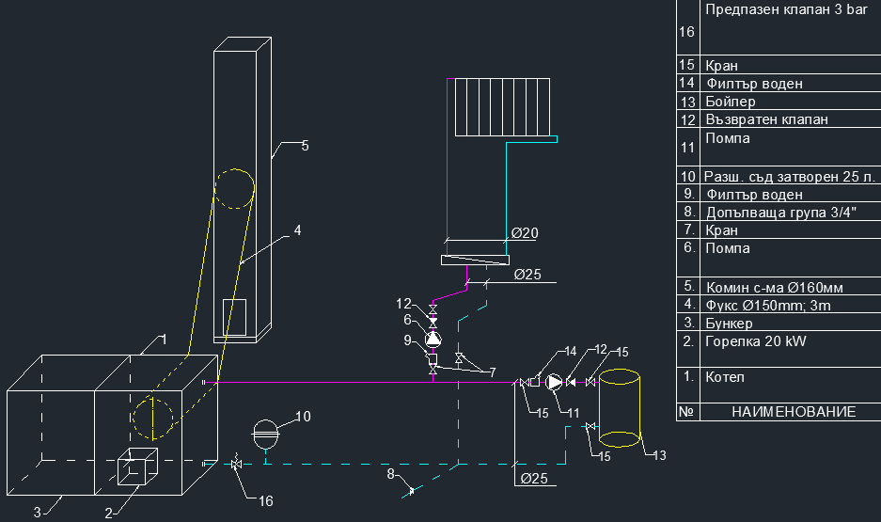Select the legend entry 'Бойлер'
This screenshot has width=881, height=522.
click(731, 102)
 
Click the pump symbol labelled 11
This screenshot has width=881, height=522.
click(555, 382)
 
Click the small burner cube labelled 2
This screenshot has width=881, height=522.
click(137, 467)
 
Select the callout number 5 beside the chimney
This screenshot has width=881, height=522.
click(305, 146)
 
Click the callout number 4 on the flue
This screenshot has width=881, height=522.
click(297, 229)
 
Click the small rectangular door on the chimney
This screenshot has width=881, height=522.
click(234, 316)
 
